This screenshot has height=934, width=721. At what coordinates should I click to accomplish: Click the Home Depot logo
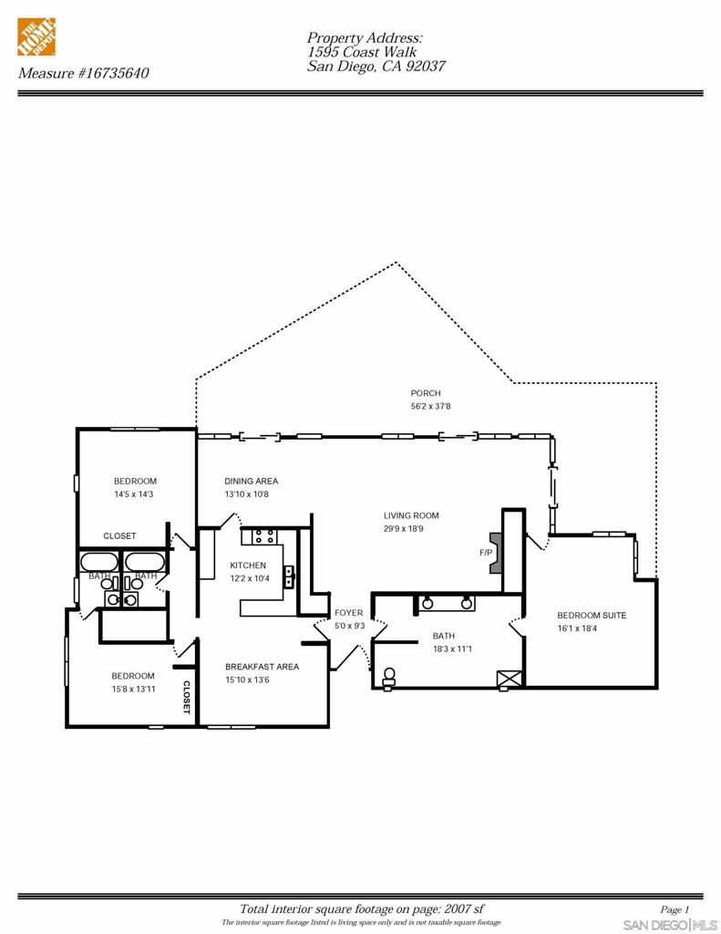point(36,36)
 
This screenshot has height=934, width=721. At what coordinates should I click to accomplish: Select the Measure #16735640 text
point(83,73)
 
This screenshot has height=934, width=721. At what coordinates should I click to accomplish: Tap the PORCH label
point(425,393)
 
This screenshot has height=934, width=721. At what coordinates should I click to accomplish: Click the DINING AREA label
point(251,481)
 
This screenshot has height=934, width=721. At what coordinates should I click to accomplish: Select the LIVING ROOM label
point(411,515)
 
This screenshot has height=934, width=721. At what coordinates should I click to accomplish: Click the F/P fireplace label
point(485,553)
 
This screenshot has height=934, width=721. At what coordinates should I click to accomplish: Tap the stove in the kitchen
point(264,536)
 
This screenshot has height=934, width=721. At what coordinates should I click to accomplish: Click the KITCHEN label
point(248,566)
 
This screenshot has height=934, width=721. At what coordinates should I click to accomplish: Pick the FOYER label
point(348,613)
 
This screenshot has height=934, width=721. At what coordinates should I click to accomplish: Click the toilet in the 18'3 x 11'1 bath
point(390,677)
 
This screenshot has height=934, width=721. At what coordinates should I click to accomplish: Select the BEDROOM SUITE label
point(592,616)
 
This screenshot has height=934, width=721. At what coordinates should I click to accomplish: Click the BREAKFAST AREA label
point(262,667)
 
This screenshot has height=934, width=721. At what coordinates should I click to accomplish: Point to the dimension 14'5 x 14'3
point(134,494)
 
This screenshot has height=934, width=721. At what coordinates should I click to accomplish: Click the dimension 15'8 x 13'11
point(133,689)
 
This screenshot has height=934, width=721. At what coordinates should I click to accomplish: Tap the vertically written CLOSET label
point(187,697)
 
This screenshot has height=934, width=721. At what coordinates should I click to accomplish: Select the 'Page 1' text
point(675,909)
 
